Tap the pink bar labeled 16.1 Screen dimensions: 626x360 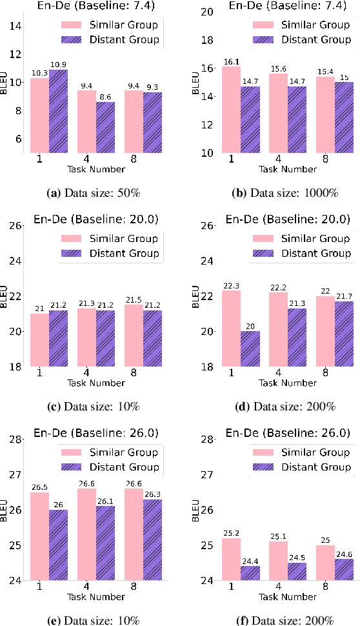click(x=231, y=109)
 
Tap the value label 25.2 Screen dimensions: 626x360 click(x=231, y=532)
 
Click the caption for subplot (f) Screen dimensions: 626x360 click(x=270, y=620)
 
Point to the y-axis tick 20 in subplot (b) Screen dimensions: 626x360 click(x=206, y=12)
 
